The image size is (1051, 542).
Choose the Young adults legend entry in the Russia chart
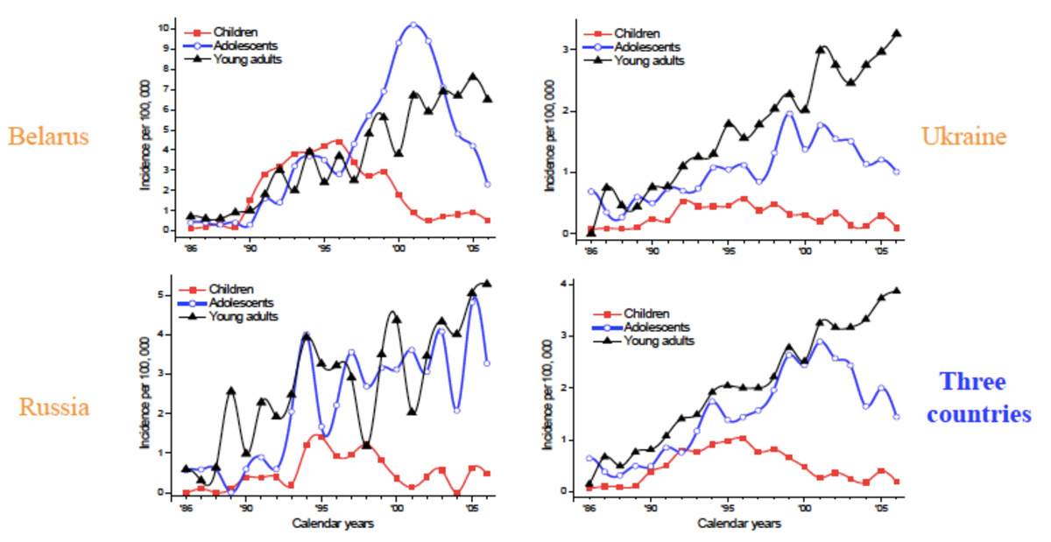point(248,316)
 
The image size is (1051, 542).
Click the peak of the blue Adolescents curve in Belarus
point(413,25)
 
